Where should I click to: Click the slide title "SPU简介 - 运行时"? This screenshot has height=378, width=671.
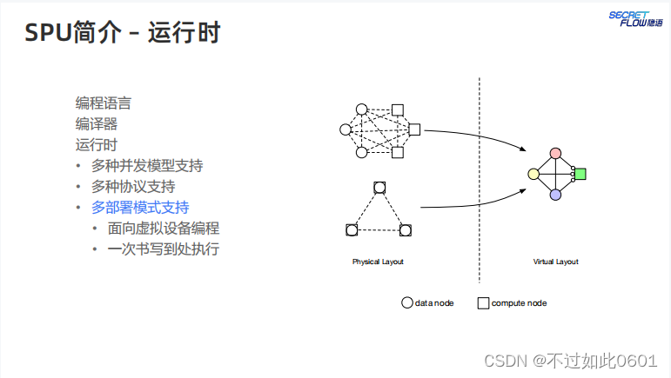click(x=121, y=33)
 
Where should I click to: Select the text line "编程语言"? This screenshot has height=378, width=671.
click(x=104, y=103)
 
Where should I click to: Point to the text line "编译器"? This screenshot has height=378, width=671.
click(x=97, y=123)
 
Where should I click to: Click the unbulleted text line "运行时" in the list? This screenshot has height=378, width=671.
click(x=97, y=144)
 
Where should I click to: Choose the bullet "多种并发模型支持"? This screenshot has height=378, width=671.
click(x=147, y=165)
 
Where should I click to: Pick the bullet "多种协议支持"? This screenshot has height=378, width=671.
click(x=133, y=186)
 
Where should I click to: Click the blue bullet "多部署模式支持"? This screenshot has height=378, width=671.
click(x=140, y=207)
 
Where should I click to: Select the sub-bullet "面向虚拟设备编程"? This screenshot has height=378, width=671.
click(x=163, y=228)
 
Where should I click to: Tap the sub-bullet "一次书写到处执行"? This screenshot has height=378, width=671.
click(x=163, y=249)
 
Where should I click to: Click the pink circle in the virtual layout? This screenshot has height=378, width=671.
click(x=555, y=154)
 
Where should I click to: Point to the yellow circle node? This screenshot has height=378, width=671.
click(x=534, y=174)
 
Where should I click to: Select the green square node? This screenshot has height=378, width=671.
click(x=580, y=174)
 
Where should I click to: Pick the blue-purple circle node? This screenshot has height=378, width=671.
click(x=555, y=195)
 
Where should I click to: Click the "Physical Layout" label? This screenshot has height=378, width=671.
click(x=378, y=262)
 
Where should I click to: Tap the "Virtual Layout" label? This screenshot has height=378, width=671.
click(x=555, y=262)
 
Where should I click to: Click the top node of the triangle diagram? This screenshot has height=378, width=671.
click(x=379, y=188)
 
